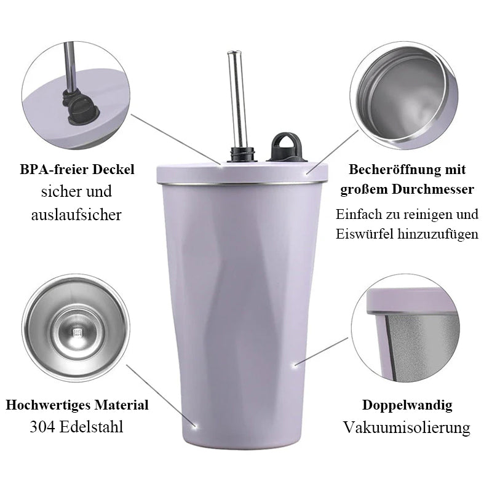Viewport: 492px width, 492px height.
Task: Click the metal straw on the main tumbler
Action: click(x=236, y=100)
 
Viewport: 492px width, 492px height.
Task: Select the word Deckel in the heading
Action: click(x=113, y=170)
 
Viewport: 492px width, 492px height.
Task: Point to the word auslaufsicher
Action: click(x=76, y=215)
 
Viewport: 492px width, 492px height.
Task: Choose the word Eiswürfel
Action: click(x=364, y=234)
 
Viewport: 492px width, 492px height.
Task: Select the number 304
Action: click(x=41, y=427)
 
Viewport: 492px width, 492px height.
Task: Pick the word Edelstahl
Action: click(x=91, y=427)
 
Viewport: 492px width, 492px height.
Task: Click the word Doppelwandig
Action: click(x=407, y=405)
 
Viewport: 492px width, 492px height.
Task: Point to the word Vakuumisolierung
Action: click(x=407, y=427)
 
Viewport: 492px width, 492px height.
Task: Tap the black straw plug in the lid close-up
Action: click(x=79, y=106)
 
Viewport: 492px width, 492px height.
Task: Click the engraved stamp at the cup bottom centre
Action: click(x=77, y=333)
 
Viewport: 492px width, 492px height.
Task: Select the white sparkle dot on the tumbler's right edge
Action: click(x=295, y=365)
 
